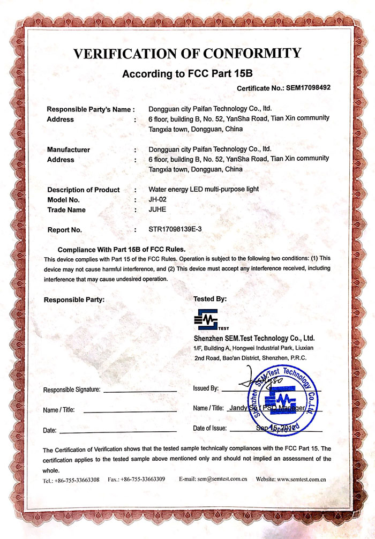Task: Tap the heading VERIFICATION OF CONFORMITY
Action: (x=187, y=54)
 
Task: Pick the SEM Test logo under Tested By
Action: (x=209, y=320)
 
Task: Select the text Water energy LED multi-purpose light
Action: (x=204, y=190)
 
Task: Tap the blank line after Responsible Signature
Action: (x=139, y=391)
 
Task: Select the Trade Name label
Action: (x=66, y=209)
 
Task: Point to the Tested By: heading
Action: (x=210, y=298)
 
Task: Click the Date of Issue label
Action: (x=210, y=428)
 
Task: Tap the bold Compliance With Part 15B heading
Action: (x=122, y=249)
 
